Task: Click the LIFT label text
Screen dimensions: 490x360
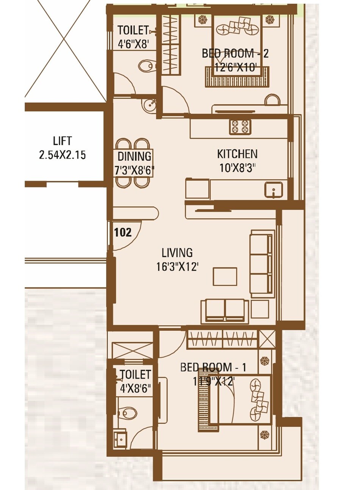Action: pyautogui.click(x=63, y=141)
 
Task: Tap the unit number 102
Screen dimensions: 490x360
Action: pyautogui.click(x=123, y=232)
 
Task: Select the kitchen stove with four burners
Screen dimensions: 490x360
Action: pyautogui.click(x=240, y=127)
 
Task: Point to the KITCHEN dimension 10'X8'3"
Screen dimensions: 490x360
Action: pyautogui.click(x=237, y=167)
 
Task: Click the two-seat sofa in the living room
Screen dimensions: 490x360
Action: pyautogui.click(x=225, y=309)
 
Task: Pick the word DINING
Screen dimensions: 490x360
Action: pyautogui.click(x=135, y=156)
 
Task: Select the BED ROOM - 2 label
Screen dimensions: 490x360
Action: pyautogui.click(x=235, y=53)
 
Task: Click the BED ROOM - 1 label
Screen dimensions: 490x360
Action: pyautogui.click(x=213, y=367)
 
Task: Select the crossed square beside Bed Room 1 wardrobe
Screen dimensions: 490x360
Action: pyautogui.click(x=267, y=339)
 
